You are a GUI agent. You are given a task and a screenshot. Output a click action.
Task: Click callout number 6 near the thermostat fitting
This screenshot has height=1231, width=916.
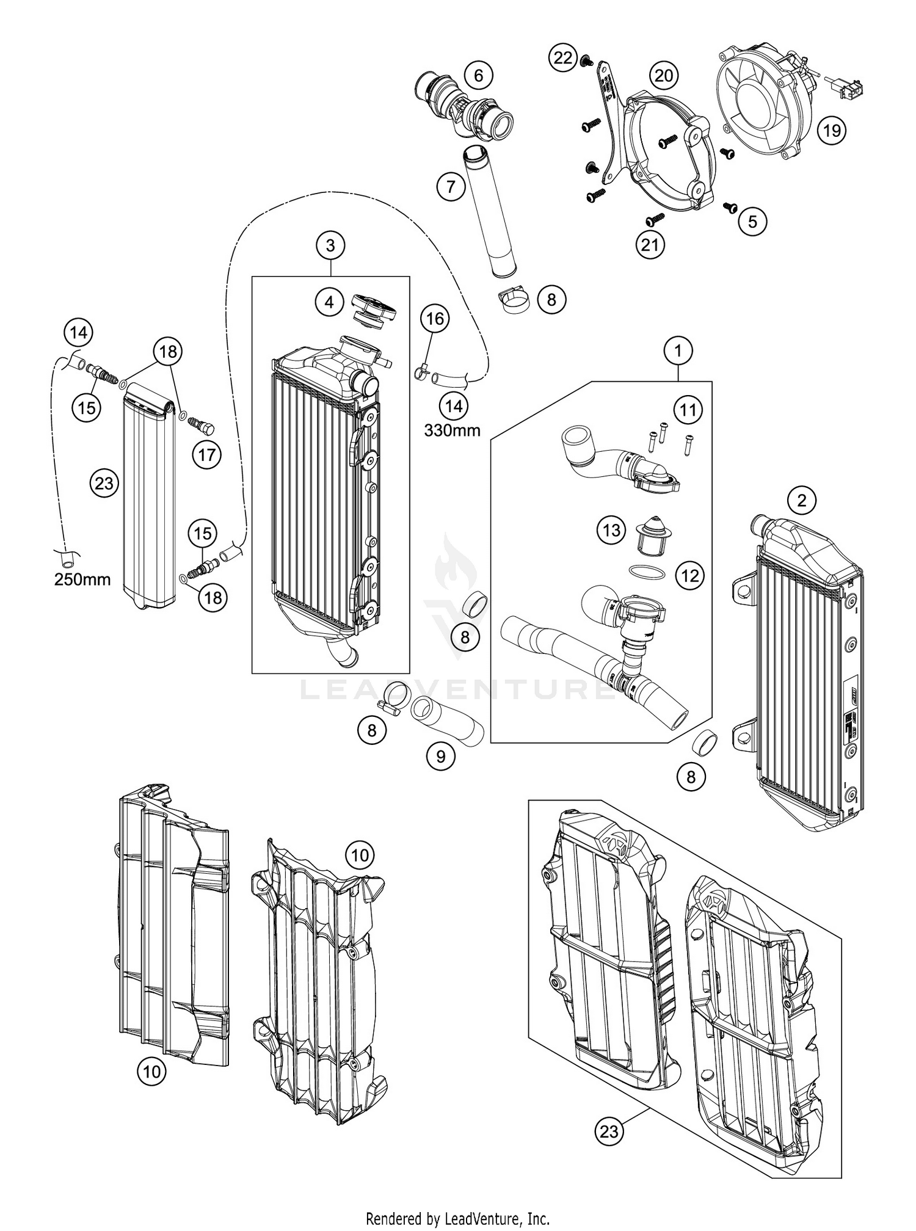478,76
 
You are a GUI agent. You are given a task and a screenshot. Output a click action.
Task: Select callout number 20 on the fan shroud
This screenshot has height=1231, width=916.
664,76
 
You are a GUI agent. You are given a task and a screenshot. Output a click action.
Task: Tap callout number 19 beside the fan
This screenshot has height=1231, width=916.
832,130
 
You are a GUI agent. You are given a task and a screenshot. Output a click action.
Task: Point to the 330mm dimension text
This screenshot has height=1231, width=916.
453,430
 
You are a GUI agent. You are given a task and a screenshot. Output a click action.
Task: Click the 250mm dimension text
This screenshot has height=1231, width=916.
82,579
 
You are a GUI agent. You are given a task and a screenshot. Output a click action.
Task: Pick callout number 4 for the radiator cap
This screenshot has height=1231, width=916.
330,302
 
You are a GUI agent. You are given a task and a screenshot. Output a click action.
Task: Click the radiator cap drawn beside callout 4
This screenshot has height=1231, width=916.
374,309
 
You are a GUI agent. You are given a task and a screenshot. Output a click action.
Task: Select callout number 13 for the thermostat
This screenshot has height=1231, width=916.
611,530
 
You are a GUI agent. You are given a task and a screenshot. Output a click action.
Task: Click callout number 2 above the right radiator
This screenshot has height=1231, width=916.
802,501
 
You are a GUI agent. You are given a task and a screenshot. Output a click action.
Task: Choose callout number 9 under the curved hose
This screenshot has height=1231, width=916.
440,757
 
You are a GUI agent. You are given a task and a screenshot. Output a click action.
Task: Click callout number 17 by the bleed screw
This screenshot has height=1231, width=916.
207,455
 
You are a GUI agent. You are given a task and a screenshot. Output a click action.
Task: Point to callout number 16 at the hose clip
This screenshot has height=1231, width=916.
435,318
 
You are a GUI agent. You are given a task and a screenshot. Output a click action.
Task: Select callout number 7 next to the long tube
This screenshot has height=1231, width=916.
451,186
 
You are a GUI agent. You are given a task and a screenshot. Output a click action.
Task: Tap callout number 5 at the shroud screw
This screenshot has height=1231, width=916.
752,221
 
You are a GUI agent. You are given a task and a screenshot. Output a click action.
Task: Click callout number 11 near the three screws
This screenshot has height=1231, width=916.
688,410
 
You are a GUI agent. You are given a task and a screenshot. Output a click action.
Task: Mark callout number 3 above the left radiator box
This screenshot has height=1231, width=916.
330,245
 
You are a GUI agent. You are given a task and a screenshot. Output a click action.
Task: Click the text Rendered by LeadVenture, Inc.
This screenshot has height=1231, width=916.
458,1218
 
